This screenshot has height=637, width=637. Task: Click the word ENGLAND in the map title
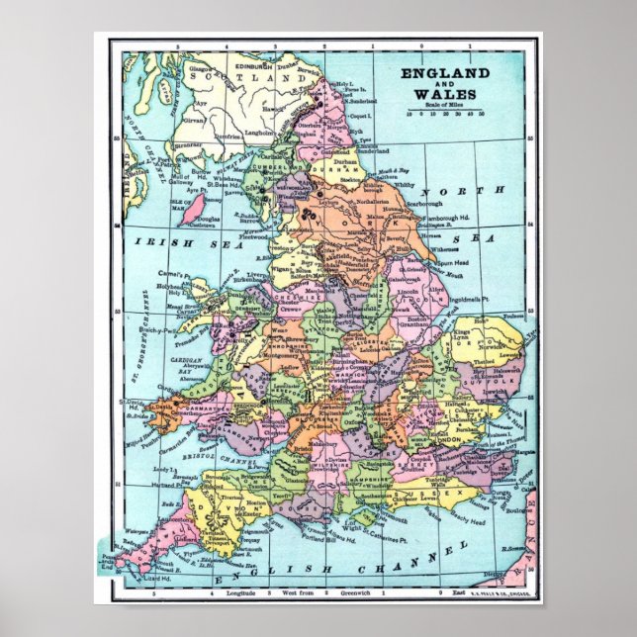(444, 74)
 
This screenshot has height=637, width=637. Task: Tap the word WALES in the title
(444, 94)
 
